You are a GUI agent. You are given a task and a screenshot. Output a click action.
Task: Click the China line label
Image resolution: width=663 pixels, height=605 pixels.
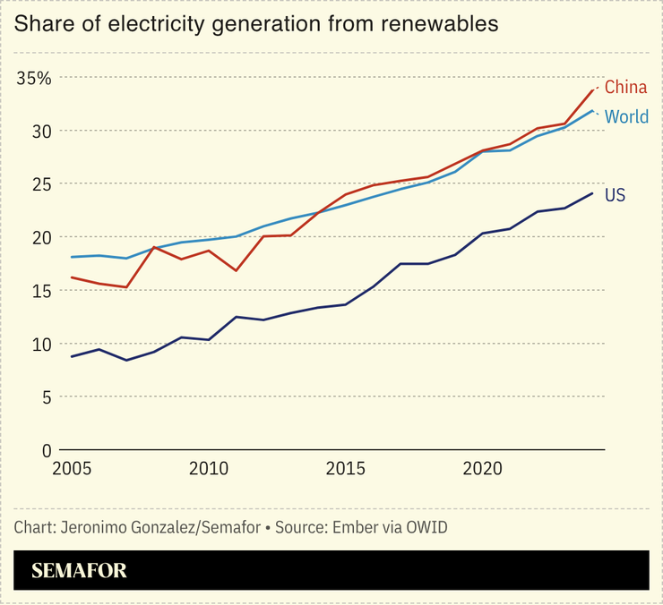(625, 88)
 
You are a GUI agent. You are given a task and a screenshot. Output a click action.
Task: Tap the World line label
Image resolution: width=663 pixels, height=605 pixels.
(626, 117)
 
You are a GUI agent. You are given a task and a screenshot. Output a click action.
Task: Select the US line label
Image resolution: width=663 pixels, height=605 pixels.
(615, 195)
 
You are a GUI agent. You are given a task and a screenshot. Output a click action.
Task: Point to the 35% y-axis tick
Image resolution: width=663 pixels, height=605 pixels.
(34, 78)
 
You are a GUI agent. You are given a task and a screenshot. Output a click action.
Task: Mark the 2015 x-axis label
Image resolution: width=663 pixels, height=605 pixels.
(346, 469)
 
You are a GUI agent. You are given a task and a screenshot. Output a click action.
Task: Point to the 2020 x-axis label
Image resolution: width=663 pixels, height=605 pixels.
(484, 469)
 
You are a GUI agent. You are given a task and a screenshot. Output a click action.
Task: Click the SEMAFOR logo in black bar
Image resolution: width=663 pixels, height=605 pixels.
(79, 571)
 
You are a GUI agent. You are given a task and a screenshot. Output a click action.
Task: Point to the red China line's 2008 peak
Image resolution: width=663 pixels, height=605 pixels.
(154, 247)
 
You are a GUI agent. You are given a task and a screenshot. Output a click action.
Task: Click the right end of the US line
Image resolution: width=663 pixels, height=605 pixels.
(593, 193)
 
